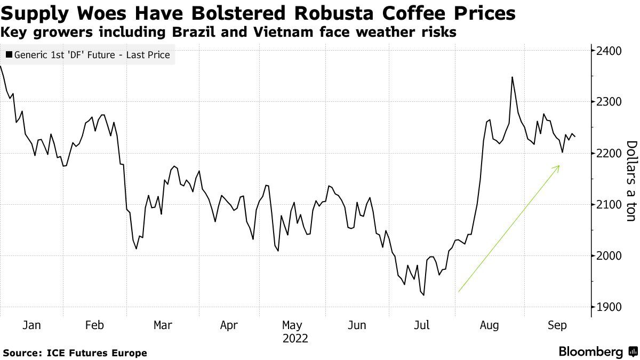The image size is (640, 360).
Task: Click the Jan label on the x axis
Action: point(31,325)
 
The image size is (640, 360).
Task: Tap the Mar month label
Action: point(162,325)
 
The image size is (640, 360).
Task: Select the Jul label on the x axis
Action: point(422,325)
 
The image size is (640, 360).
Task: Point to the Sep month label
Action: point(557,325)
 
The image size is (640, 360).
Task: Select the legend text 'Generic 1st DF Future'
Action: point(91,54)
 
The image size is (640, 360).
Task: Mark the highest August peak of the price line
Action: point(512,77)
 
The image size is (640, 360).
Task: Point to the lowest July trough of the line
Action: point(424,295)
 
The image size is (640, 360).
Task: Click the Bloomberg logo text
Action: point(591,352)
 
